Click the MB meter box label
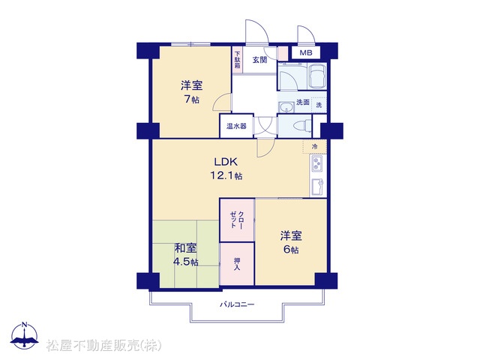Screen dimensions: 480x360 305,53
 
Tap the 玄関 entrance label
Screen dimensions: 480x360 259,60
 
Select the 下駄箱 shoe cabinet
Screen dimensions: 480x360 237,60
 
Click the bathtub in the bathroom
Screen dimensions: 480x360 317,76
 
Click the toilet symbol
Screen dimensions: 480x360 301,126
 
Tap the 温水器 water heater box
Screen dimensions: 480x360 237,126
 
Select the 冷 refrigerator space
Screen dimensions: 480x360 315,147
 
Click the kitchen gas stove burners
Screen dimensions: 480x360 316,163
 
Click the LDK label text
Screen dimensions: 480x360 226,161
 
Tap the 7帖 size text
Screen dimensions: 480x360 192,99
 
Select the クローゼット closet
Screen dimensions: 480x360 237,220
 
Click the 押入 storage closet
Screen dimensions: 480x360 237,264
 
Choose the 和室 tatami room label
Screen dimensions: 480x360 185,248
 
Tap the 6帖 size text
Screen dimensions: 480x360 291,250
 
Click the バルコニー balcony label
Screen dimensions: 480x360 237,304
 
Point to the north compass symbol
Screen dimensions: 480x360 25,336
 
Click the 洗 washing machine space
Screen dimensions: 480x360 319,105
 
